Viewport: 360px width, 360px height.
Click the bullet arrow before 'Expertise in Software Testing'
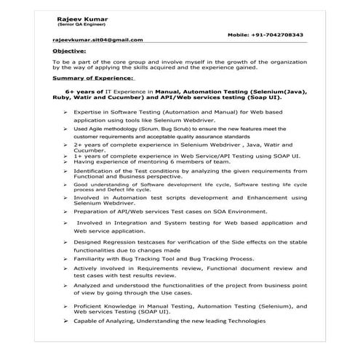tap(66, 112)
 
